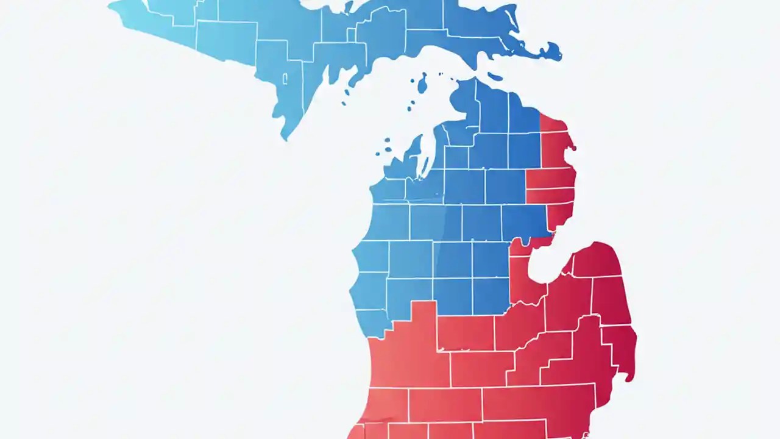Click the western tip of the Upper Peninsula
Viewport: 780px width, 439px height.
click(110, 6)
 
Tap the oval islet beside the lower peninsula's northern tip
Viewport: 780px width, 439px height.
click(495, 77)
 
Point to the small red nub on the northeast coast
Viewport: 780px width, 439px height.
click(572, 148)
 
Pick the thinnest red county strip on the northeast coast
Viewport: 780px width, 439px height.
click(550, 196)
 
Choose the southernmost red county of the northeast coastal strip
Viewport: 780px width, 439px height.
click(559, 216)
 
